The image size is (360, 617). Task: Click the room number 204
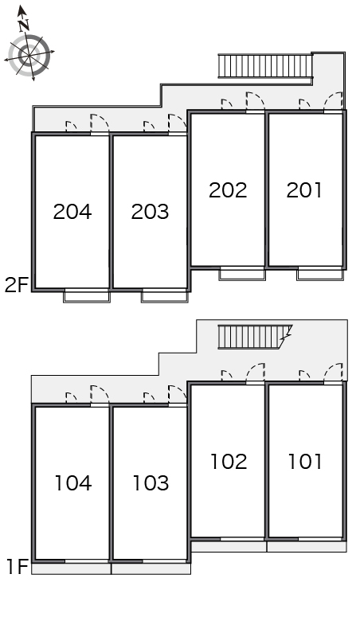point(72,212)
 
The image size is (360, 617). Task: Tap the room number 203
point(150,212)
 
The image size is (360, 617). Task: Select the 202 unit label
point(228,190)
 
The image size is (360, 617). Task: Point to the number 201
point(304,190)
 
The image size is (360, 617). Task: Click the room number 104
point(72,483)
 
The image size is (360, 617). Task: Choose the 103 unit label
point(151,483)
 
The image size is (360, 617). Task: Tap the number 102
point(229,462)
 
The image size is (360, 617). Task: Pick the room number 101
point(305,462)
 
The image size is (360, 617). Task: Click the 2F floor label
point(16,285)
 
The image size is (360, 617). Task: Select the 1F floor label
point(18,567)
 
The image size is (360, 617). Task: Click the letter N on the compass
point(24,25)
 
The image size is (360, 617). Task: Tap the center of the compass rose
point(30,55)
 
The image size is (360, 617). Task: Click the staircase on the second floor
point(265,66)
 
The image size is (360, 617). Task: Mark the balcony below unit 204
point(87,296)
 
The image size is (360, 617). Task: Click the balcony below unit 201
point(320,274)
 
